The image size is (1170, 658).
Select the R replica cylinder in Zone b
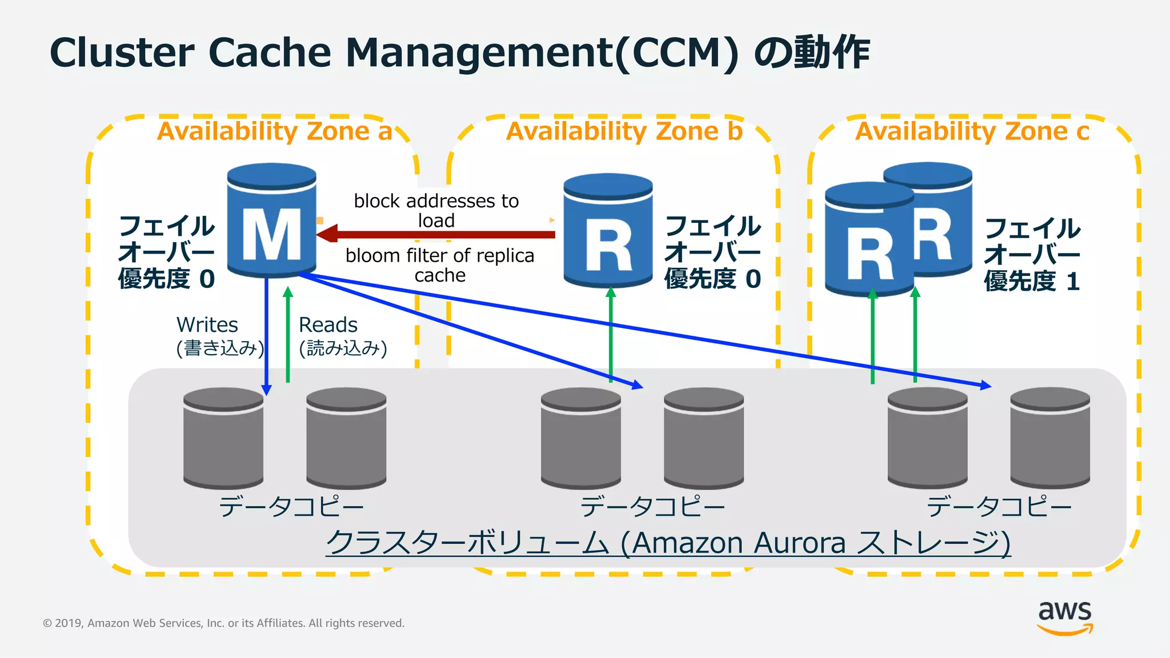608,231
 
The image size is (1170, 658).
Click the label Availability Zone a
275,131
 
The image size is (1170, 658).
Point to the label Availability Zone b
624,131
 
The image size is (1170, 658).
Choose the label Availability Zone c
972,131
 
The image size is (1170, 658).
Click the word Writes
207,324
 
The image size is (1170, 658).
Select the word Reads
328,324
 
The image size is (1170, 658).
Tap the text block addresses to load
436,210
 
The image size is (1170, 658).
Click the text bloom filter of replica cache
439,264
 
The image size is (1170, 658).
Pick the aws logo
1064,617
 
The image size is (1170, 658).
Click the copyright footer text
223,623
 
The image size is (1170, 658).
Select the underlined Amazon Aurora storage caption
668,542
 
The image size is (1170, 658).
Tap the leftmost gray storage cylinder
223,439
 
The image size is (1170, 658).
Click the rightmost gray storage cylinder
1049,439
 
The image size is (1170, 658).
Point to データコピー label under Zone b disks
652,506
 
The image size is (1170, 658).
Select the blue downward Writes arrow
266,337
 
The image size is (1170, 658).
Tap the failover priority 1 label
1032,255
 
